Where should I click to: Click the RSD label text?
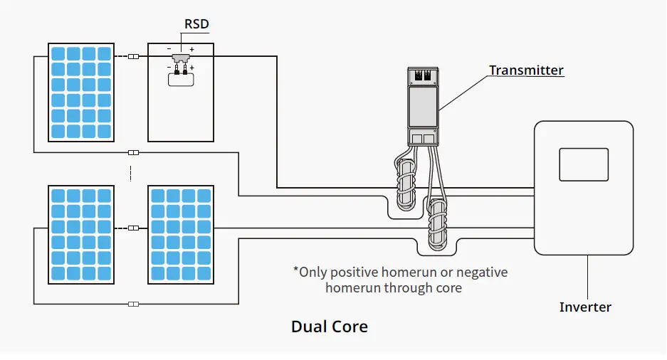[x=196, y=23]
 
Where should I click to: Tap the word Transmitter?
[x=526, y=70]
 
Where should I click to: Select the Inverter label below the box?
[x=585, y=307]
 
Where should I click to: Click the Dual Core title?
[x=330, y=327]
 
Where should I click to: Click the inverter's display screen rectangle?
[x=584, y=164]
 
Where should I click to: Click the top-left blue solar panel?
[x=80, y=92]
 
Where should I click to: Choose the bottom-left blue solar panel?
[x=80, y=234]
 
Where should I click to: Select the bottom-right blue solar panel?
[x=181, y=234]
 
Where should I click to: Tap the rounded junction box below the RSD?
[x=182, y=80]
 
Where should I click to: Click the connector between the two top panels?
[x=133, y=56]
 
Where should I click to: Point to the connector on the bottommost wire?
[x=133, y=305]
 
